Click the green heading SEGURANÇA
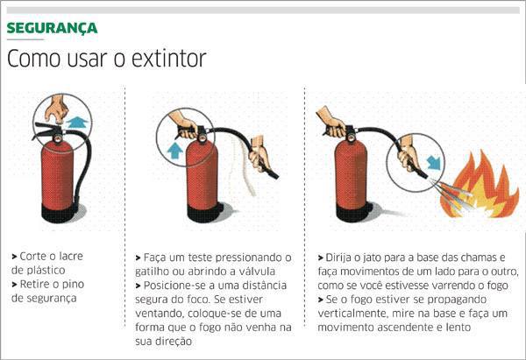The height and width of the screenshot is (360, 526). [52, 29]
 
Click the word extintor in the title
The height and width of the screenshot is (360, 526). [168, 59]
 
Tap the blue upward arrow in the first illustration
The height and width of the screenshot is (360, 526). [77, 123]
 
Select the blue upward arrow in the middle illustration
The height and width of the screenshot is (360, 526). [174, 151]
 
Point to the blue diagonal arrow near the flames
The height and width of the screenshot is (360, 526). [433, 162]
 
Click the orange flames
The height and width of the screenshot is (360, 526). [479, 187]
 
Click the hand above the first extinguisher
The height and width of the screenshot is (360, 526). [57, 108]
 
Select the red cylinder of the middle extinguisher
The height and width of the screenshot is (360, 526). [202, 174]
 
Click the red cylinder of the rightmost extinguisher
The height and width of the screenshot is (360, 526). [351, 174]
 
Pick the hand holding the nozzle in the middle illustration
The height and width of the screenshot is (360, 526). [259, 154]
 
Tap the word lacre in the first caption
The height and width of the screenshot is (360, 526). [70, 256]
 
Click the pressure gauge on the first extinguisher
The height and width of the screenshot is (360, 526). [58, 138]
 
